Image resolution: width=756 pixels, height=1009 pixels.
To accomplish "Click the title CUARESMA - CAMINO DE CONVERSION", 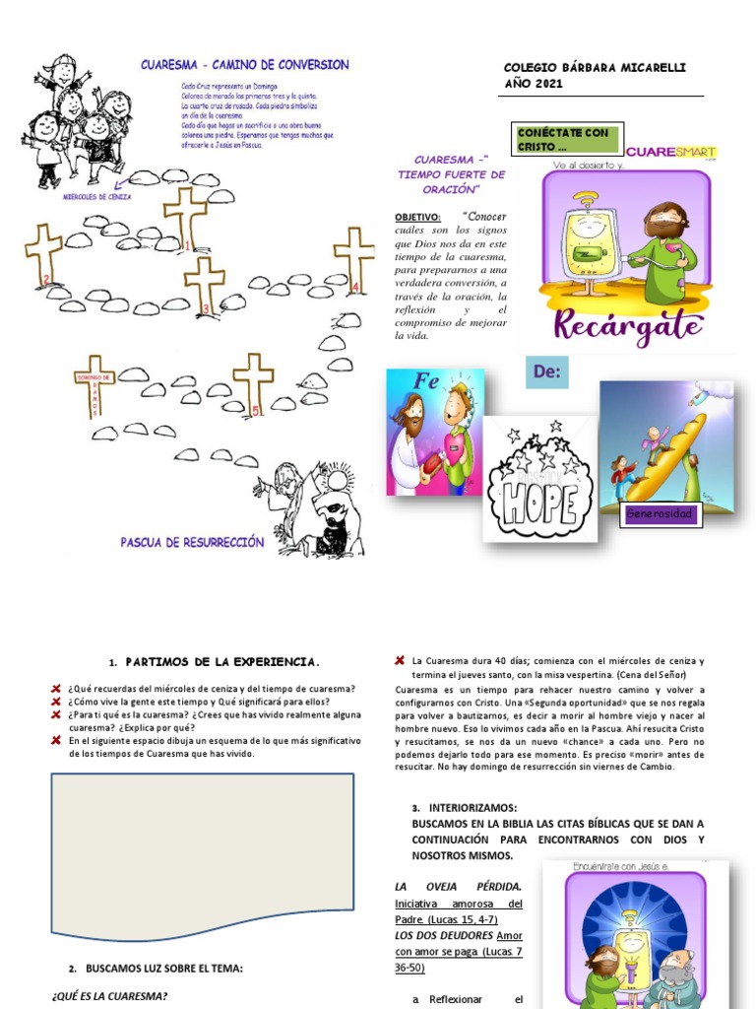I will pyautogui.click(x=244, y=65).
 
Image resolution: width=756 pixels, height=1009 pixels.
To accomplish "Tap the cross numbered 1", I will pyautogui.click(x=184, y=217).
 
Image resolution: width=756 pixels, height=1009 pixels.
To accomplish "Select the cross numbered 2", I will pyautogui.click(x=43, y=252).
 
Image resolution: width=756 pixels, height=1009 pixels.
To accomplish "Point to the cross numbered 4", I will pyautogui.click(x=353, y=256).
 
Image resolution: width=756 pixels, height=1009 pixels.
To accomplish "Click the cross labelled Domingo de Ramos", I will pyautogui.click(x=94, y=384).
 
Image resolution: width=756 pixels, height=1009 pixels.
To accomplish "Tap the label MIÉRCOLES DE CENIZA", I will pyautogui.click(x=96, y=196).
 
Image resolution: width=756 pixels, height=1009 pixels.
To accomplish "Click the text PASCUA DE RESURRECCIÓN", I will pyautogui.click(x=193, y=542).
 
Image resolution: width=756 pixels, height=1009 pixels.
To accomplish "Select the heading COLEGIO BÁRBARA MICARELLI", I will pyautogui.click(x=595, y=67).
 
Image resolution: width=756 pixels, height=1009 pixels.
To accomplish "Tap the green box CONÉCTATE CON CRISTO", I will pyautogui.click(x=566, y=139).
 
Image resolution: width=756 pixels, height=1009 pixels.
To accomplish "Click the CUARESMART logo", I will pyautogui.click(x=670, y=152).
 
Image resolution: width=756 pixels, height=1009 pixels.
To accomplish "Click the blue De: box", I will pyautogui.click(x=546, y=373).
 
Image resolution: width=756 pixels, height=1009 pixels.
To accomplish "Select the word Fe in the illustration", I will pyautogui.click(x=425, y=381).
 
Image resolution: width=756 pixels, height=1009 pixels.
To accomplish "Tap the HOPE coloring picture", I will pyautogui.click(x=539, y=479).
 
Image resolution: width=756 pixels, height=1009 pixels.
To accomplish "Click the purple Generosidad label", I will pyautogui.click(x=660, y=514).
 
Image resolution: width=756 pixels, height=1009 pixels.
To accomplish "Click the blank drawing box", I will pyautogui.click(x=202, y=852).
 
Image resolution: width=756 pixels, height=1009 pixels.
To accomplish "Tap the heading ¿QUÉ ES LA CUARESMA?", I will pyautogui.click(x=109, y=996).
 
